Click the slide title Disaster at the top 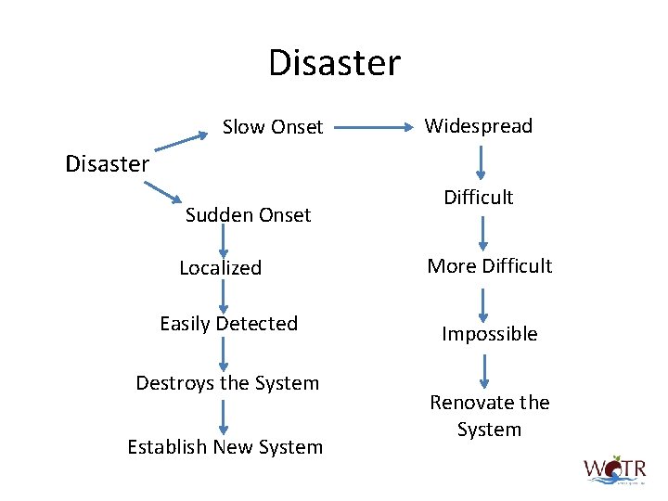pos(334,63)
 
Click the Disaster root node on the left pos(107,164)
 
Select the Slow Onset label pos(273,126)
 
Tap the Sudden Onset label pos(248,215)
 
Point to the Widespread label pos(478,125)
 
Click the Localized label pos(220,268)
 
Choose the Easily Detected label pos(228,324)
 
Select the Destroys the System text pos(227,383)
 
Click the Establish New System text pos(225,447)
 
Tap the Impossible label pos(489,334)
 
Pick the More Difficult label pos(489,266)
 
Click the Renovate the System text pos(489,416)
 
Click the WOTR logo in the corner pos(614,470)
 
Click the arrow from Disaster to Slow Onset pos(181,142)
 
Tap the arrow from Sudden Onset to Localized pos(224,241)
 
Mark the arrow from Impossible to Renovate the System pos(482,369)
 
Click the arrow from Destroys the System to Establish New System pos(224,416)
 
